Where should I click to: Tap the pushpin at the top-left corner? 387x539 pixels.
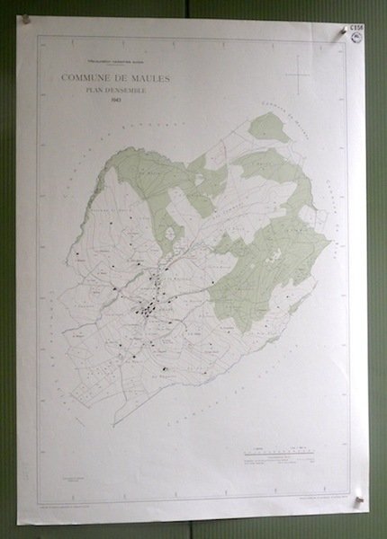click(24, 17)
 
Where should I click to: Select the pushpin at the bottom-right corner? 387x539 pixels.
click(361, 492)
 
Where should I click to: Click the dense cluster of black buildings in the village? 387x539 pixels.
click(147, 311)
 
